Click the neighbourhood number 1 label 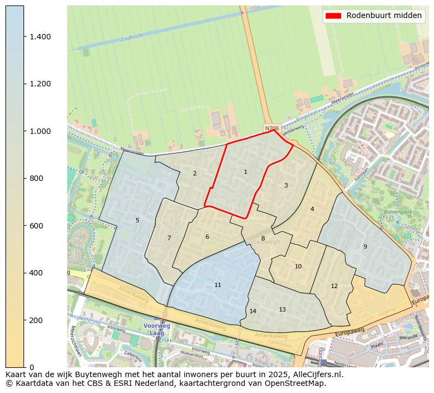click(245, 172)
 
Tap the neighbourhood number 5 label click(137, 221)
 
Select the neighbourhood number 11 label click(218, 285)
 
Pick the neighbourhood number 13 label click(282, 310)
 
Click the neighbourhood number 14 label click(253, 312)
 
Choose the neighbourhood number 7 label click(169, 238)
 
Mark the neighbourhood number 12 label click(334, 286)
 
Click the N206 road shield click(272, 128)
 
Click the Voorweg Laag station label click(157, 329)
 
